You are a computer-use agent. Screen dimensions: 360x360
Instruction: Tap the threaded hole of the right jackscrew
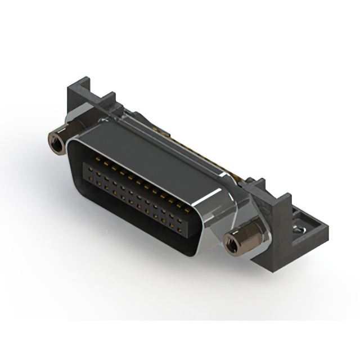(231, 244)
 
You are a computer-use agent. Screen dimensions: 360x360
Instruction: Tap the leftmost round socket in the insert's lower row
(90, 179)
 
